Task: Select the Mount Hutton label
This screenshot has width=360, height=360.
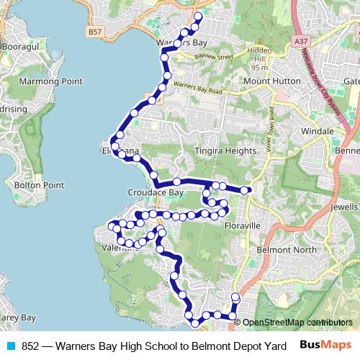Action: coord(271,82)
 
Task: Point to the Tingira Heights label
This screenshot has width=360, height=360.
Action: coord(225,151)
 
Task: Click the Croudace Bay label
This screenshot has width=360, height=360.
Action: coord(155,194)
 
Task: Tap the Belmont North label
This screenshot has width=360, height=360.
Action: coord(287,250)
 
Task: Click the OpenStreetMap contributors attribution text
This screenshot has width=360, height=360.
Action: coord(297,323)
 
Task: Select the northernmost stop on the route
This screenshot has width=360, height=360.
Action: coord(199,15)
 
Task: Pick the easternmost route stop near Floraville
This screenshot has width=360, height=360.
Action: coord(245,190)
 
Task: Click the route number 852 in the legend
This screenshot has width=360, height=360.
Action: coord(30,346)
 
